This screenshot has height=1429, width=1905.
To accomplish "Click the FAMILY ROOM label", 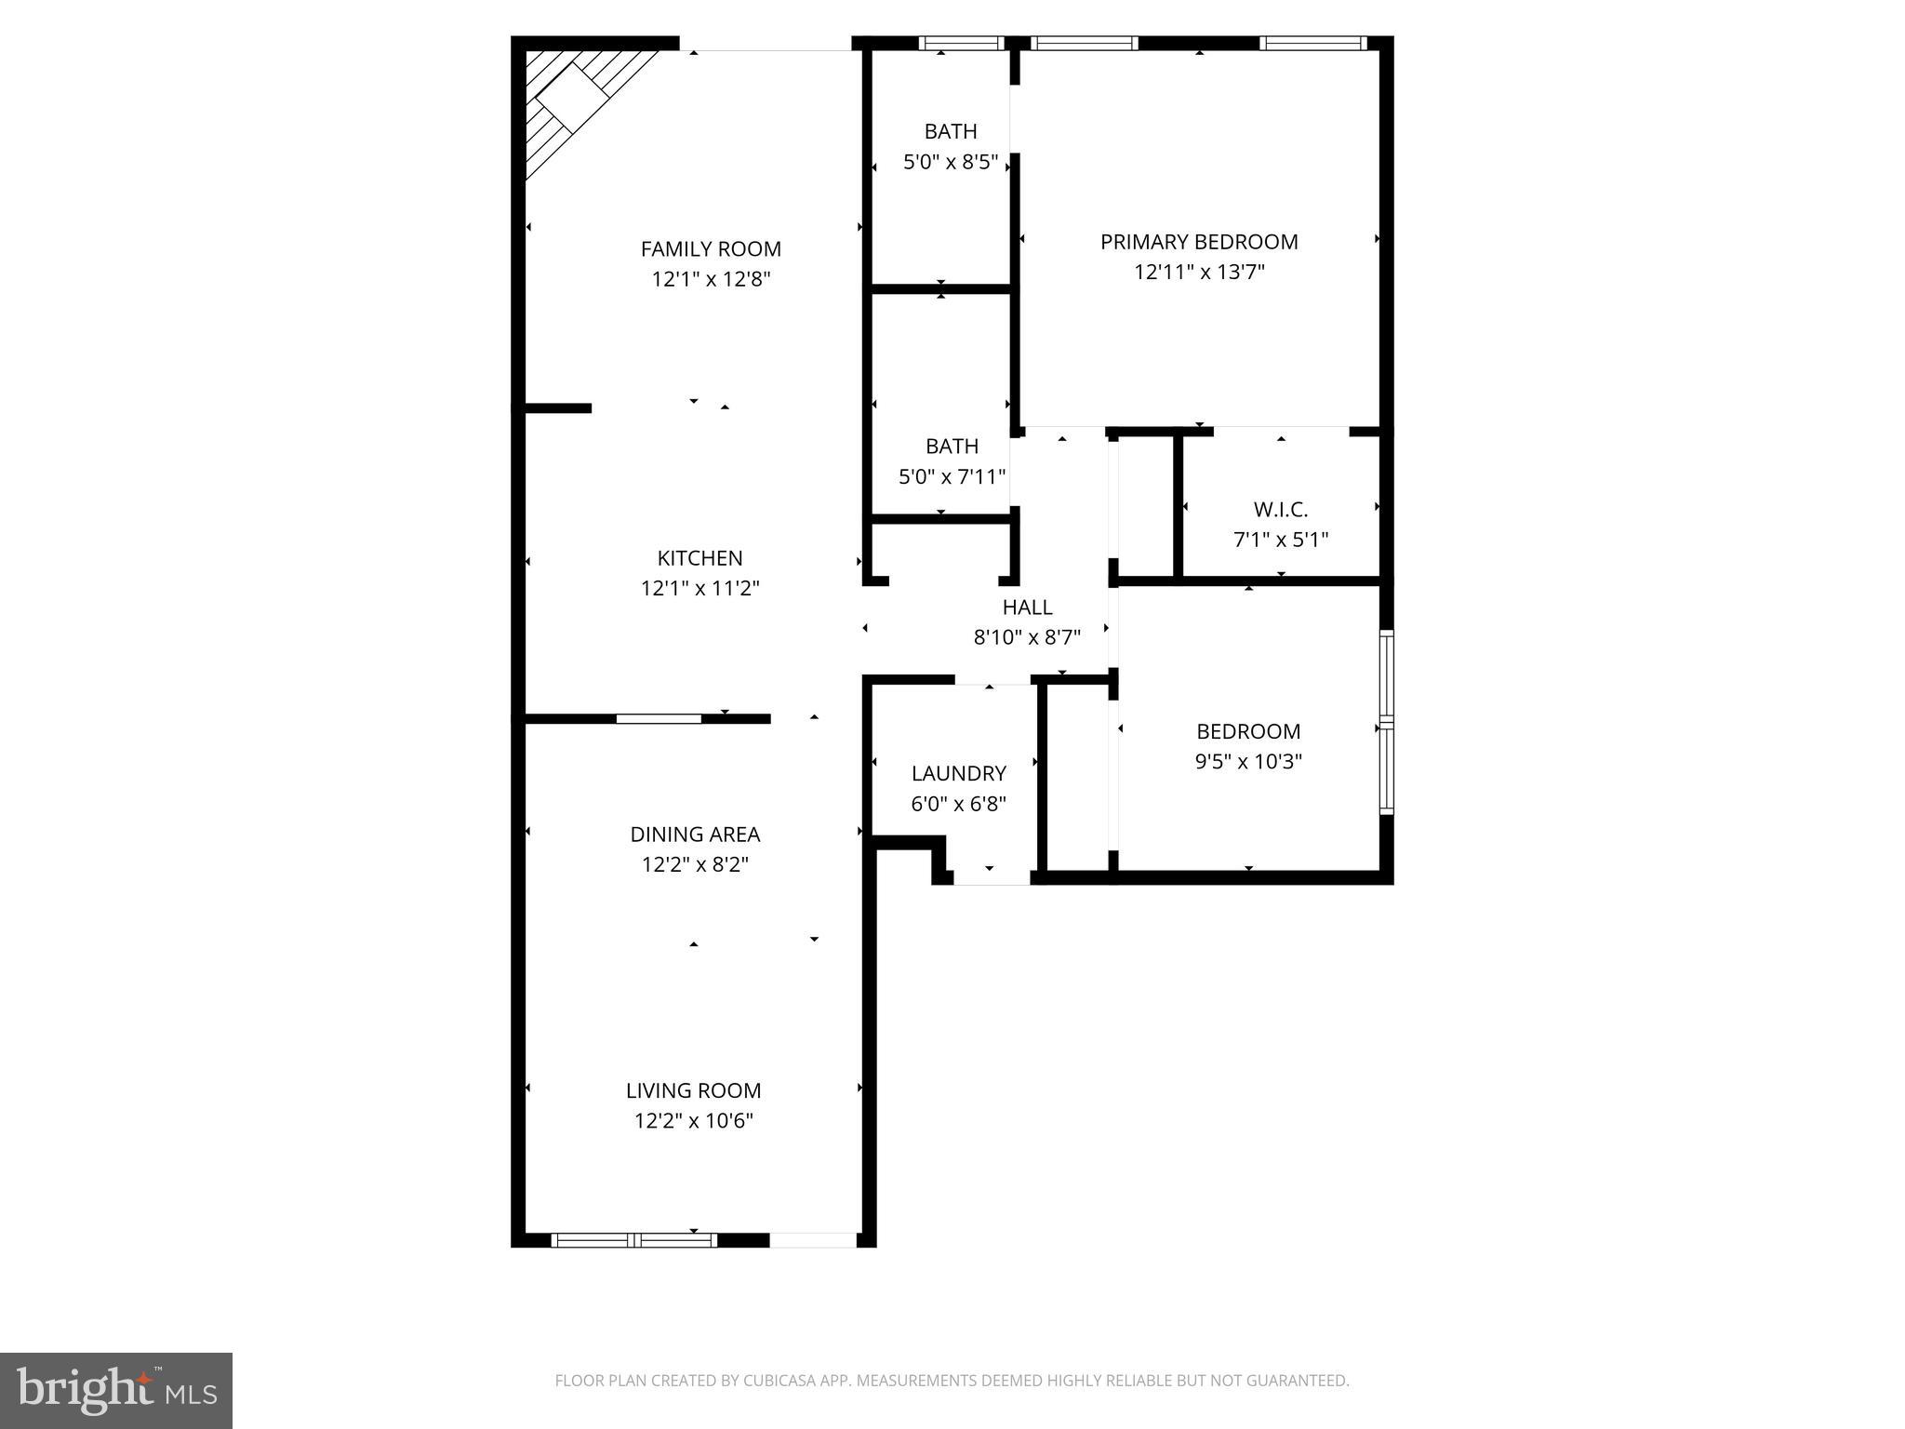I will (711, 249).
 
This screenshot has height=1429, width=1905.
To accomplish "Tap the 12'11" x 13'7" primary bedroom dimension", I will (1199, 273).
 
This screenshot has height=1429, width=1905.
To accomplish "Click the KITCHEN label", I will (699, 558).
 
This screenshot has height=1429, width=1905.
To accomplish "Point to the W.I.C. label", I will (1280, 510).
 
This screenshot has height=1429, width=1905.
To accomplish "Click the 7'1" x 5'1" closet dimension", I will (1280, 540).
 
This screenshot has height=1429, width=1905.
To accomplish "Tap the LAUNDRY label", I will (958, 773).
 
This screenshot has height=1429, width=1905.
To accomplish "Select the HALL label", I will (1027, 608).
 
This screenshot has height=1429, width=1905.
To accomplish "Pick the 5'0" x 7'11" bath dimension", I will (952, 477).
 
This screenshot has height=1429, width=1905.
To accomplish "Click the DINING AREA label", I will (695, 835).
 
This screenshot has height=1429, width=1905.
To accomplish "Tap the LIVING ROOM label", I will (693, 1090).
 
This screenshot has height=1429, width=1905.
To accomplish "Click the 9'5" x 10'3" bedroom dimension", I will (1247, 762).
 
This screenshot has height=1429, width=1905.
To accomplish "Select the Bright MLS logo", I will (116, 1390).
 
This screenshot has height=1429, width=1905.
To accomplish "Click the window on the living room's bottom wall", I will (634, 1239).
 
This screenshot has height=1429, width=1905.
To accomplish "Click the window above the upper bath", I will (961, 43).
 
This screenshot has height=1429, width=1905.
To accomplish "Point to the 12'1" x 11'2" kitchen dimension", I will (699, 589).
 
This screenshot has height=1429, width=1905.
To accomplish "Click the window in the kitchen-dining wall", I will (659, 718).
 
